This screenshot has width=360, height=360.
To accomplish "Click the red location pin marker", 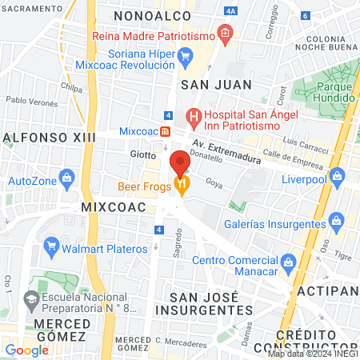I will click(180, 162).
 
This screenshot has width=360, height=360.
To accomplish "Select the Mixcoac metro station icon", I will click(165, 130).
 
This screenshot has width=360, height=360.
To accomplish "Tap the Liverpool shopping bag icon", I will click(338, 174).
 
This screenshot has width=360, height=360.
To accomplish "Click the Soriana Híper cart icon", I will click(186, 56).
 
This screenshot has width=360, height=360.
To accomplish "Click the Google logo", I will click(26, 350).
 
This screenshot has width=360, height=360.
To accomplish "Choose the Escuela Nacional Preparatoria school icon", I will click(32, 300).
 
